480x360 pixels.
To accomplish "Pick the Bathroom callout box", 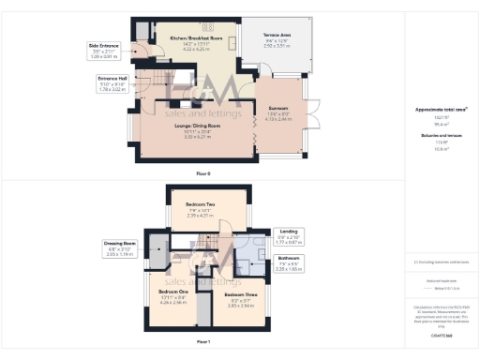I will click(x=289, y=261).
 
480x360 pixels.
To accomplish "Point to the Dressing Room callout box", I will click(x=121, y=247).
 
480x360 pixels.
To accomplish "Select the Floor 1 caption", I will click(x=203, y=341).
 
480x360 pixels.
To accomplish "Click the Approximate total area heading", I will click(x=441, y=110).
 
